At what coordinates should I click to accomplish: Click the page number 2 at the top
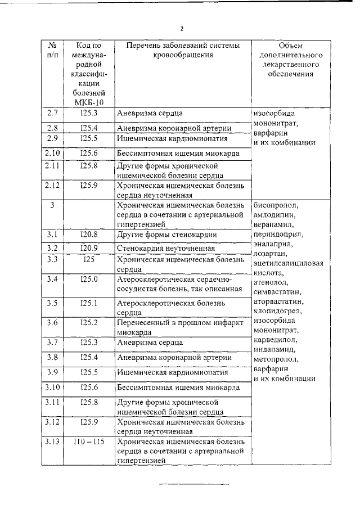(x=182, y=29)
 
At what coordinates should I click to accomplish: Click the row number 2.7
(x=52, y=114)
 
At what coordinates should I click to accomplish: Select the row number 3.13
(x=52, y=442)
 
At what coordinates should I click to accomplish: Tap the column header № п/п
(x=52, y=50)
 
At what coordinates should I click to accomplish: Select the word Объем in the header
(x=290, y=45)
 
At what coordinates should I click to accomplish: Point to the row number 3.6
(x=52, y=322)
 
